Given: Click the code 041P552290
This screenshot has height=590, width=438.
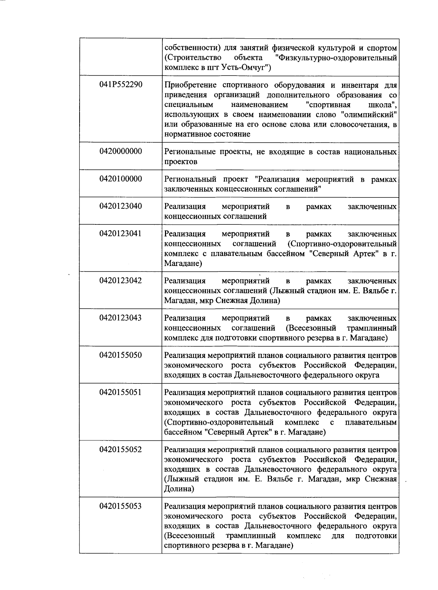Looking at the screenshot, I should tap(121, 85).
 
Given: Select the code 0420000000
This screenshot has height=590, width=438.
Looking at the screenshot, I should tap(121, 151).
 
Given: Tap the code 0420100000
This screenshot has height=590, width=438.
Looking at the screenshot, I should tap(121, 179).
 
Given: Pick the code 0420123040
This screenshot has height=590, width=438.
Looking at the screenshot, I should tap(121, 206).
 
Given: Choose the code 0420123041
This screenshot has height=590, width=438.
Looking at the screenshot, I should tap(121, 234).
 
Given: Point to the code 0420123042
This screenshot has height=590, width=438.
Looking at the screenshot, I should tap(121, 281).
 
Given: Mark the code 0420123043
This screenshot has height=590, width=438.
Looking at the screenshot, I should tap(121, 318).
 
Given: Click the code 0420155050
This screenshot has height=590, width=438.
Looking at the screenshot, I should tap(121, 355).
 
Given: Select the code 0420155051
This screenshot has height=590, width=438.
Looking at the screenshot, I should tap(121, 392).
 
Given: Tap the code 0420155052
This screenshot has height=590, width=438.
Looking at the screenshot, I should tap(121, 449).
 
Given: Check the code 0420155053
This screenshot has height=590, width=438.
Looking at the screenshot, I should tap(121, 506).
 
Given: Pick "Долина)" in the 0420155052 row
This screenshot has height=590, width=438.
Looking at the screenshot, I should tap(179, 489).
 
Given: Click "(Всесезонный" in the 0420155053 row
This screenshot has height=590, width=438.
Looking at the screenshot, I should tap(189, 536).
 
